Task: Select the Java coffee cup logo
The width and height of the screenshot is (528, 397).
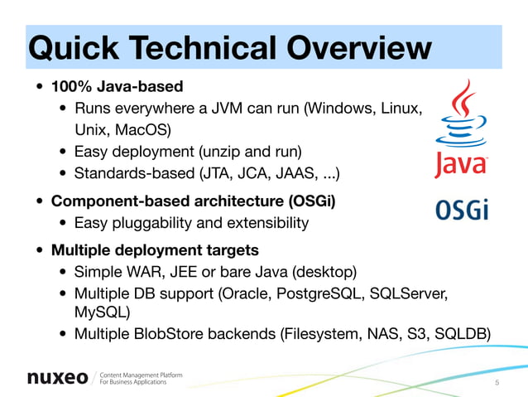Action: pyautogui.click(x=461, y=128)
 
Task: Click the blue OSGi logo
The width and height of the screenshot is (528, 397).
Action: pyautogui.click(x=462, y=210)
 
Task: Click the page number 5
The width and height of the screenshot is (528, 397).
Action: pyautogui.click(x=497, y=382)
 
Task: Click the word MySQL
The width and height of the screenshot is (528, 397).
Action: pyautogui.click(x=102, y=313)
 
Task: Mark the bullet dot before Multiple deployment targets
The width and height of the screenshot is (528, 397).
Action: pyautogui.click(x=40, y=251)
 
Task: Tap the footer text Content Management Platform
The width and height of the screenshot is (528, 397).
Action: pyautogui.click(x=142, y=374)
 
